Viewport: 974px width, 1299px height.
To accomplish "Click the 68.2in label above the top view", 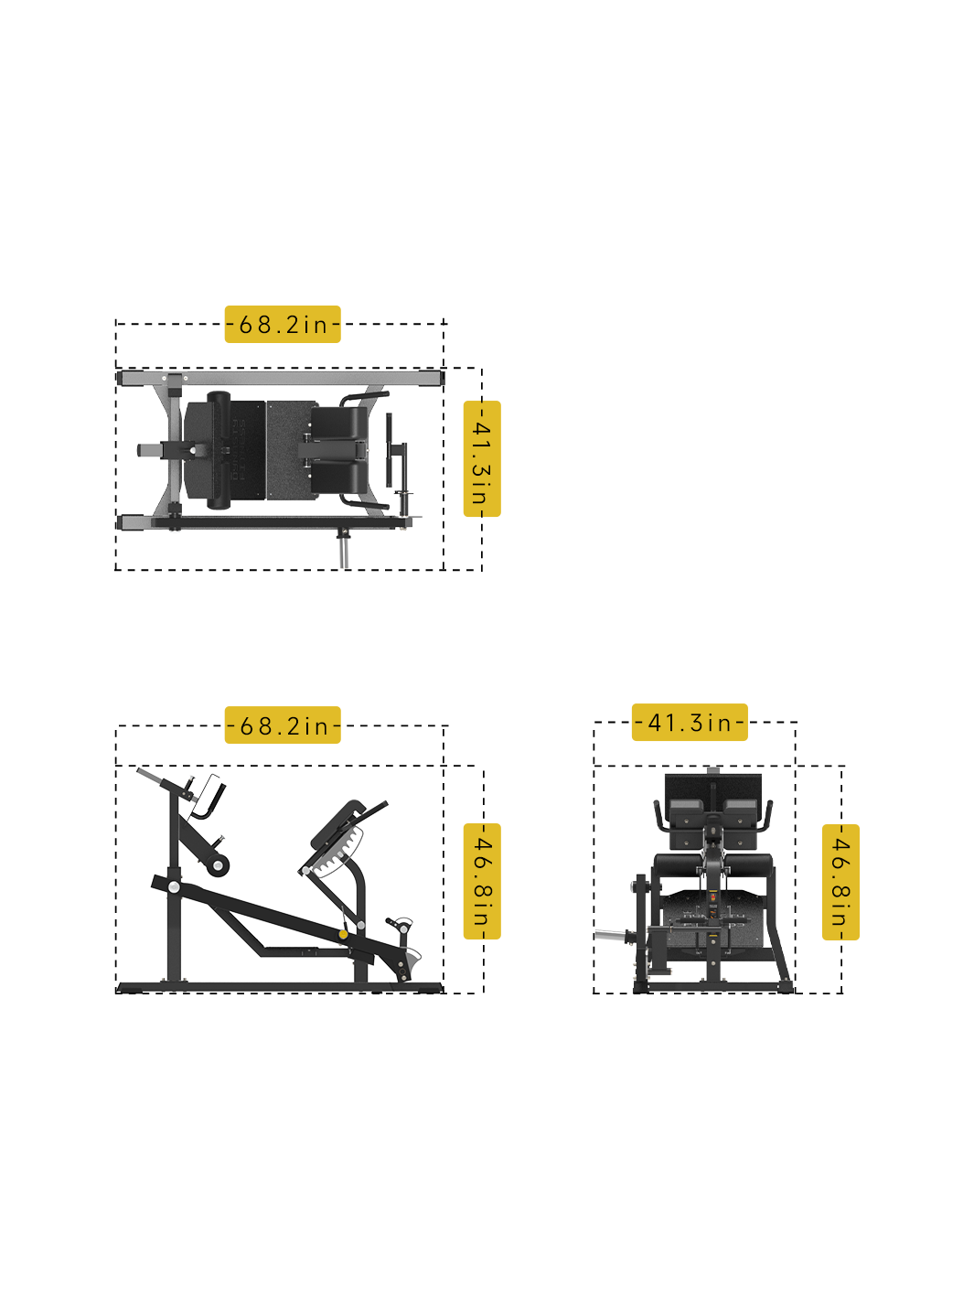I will point(283,325).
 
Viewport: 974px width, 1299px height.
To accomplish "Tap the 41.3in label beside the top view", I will point(481,459).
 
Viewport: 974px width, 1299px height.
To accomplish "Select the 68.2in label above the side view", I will point(283,725).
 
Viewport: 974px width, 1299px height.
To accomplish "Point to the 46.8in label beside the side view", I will point(481,881).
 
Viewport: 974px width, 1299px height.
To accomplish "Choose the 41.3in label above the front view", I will point(690,723).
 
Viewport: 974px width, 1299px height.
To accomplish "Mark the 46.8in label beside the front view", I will point(840,882).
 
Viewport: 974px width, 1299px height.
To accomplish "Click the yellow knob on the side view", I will point(343,934).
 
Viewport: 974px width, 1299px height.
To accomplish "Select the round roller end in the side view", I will point(218,864).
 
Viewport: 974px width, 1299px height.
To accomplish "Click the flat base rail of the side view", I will point(279,987).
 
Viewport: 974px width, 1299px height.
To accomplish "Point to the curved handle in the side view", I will point(208,801).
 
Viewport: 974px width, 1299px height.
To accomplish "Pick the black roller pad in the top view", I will point(219,450).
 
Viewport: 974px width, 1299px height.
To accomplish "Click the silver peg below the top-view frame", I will point(344,551).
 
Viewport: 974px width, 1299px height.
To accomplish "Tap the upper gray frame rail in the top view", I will point(279,377).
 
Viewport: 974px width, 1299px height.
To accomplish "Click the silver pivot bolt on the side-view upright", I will point(174,886).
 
